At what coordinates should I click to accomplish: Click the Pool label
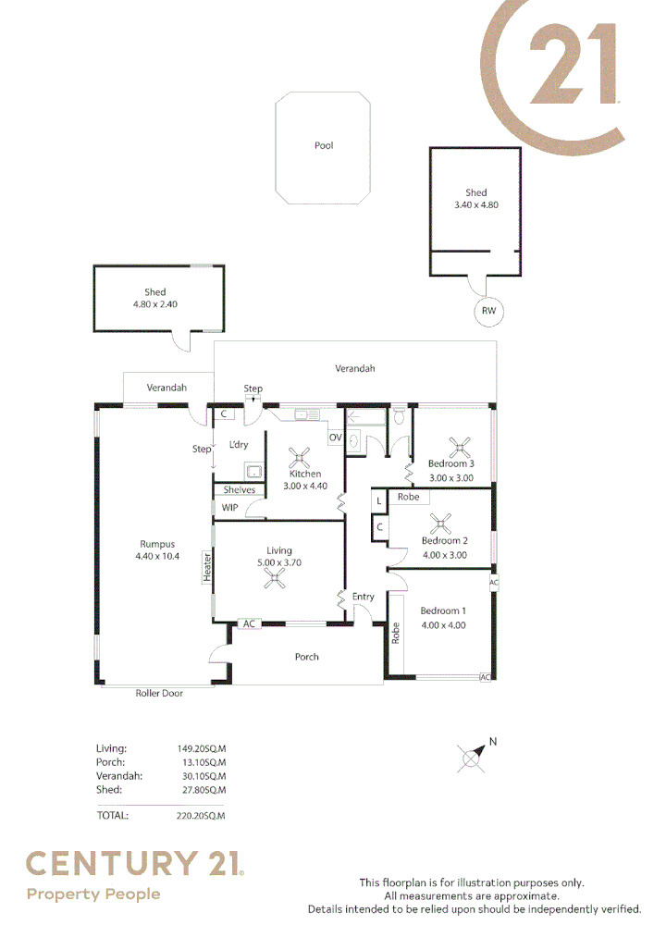point(323,146)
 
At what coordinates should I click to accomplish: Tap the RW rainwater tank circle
point(488,312)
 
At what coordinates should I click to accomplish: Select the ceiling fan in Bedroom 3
point(459,449)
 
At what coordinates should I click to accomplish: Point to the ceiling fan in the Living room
point(275,578)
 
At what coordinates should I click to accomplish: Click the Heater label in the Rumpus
point(208,568)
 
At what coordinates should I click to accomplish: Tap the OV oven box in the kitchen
point(335,438)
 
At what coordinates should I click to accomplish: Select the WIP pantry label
point(229,507)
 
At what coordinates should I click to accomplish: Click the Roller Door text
point(159,693)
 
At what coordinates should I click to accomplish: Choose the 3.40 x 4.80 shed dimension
point(476,205)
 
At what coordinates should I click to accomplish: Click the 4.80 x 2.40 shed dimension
point(155,303)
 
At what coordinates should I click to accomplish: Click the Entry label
point(364,597)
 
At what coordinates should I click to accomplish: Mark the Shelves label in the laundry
point(240,490)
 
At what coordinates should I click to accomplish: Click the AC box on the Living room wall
point(249,624)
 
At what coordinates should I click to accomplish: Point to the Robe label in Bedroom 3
point(408,498)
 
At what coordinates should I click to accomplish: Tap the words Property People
point(93,894)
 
